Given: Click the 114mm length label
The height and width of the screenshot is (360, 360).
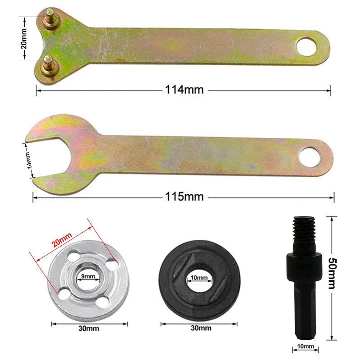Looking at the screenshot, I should [x=184, y=90].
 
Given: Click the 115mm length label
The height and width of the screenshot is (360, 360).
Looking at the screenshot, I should [x=184, y=197].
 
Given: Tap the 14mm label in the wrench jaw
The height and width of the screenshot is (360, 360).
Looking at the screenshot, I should [x=28, y=160].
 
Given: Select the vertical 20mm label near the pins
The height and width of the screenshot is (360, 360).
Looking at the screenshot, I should [x=24, y=39].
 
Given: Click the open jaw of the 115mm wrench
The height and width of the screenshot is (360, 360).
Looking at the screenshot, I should [x=45, y=159].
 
